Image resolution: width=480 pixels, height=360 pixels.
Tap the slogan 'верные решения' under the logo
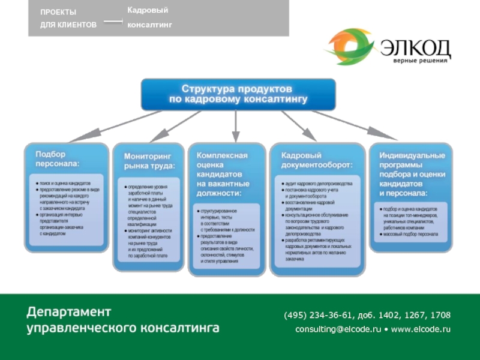pos(422,61)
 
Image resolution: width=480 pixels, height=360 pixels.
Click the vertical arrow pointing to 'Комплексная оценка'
pos(235,126)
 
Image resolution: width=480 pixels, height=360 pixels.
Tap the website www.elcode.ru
pos(420,329)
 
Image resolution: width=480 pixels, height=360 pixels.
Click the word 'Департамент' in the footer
pos(68,312)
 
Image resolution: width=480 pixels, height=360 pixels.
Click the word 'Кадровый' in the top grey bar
pos(148,11)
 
